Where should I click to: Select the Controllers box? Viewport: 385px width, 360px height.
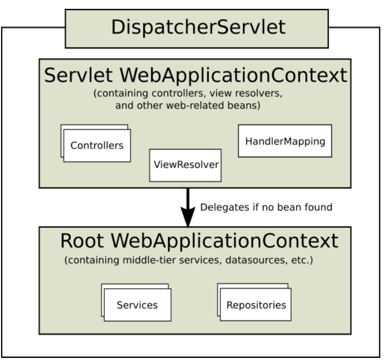(97, 145)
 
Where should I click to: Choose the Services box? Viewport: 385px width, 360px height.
(138, 305)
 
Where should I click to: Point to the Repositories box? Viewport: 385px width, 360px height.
(256, 305)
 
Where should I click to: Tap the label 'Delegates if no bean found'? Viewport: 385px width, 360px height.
(266, 207)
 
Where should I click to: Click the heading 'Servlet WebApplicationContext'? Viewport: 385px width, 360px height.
(195, 75)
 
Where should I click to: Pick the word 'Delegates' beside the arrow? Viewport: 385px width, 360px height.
(221, 207)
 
